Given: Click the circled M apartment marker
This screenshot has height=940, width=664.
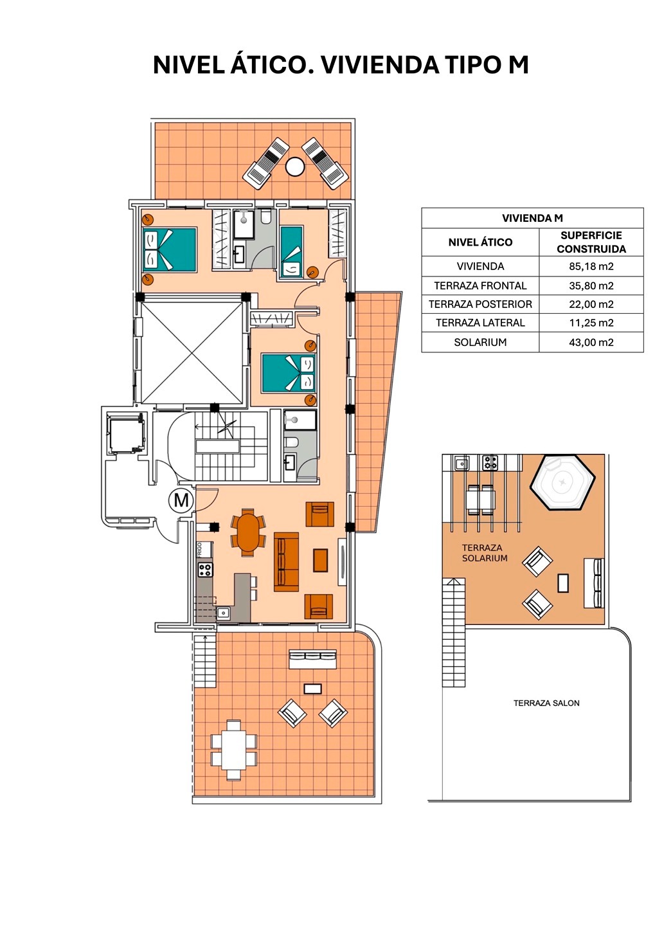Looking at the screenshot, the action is (x=181, y=500).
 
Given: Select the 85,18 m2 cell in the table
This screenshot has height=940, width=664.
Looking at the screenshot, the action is (x=591, y=266).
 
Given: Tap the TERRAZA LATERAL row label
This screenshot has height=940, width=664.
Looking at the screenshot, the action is (x=480, y=323).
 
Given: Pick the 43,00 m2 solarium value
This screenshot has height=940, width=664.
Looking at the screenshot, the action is (x=591, y=343).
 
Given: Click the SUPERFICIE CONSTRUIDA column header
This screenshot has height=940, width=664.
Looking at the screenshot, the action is (x=591, y=242).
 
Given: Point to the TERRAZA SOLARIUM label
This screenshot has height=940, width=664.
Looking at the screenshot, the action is (x=485, y=553).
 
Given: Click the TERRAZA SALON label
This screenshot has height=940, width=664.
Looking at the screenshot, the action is (x=546, y=703).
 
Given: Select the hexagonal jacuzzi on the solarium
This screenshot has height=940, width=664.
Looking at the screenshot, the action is (x=562, y=483).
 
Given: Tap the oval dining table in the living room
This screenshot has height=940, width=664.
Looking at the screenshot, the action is (x=248, y=532).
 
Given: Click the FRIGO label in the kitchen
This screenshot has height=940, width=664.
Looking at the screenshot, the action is (x=199, y=549).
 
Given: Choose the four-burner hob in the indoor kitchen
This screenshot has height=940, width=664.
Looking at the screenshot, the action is (x=205, y=570).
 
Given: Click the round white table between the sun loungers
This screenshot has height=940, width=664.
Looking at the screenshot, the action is (x=295, y=167).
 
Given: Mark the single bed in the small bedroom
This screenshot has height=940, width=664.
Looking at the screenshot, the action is (x=292, y=252).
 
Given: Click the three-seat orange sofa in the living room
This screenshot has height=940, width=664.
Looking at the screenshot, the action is (x=286, y=562).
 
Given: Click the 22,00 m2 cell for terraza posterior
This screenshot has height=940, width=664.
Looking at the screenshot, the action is (x=591, y=304).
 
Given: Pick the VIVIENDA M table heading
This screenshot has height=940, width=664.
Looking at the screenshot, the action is (x=532, y=218).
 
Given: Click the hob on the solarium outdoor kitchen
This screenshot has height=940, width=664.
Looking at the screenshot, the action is (x=490, y=463).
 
